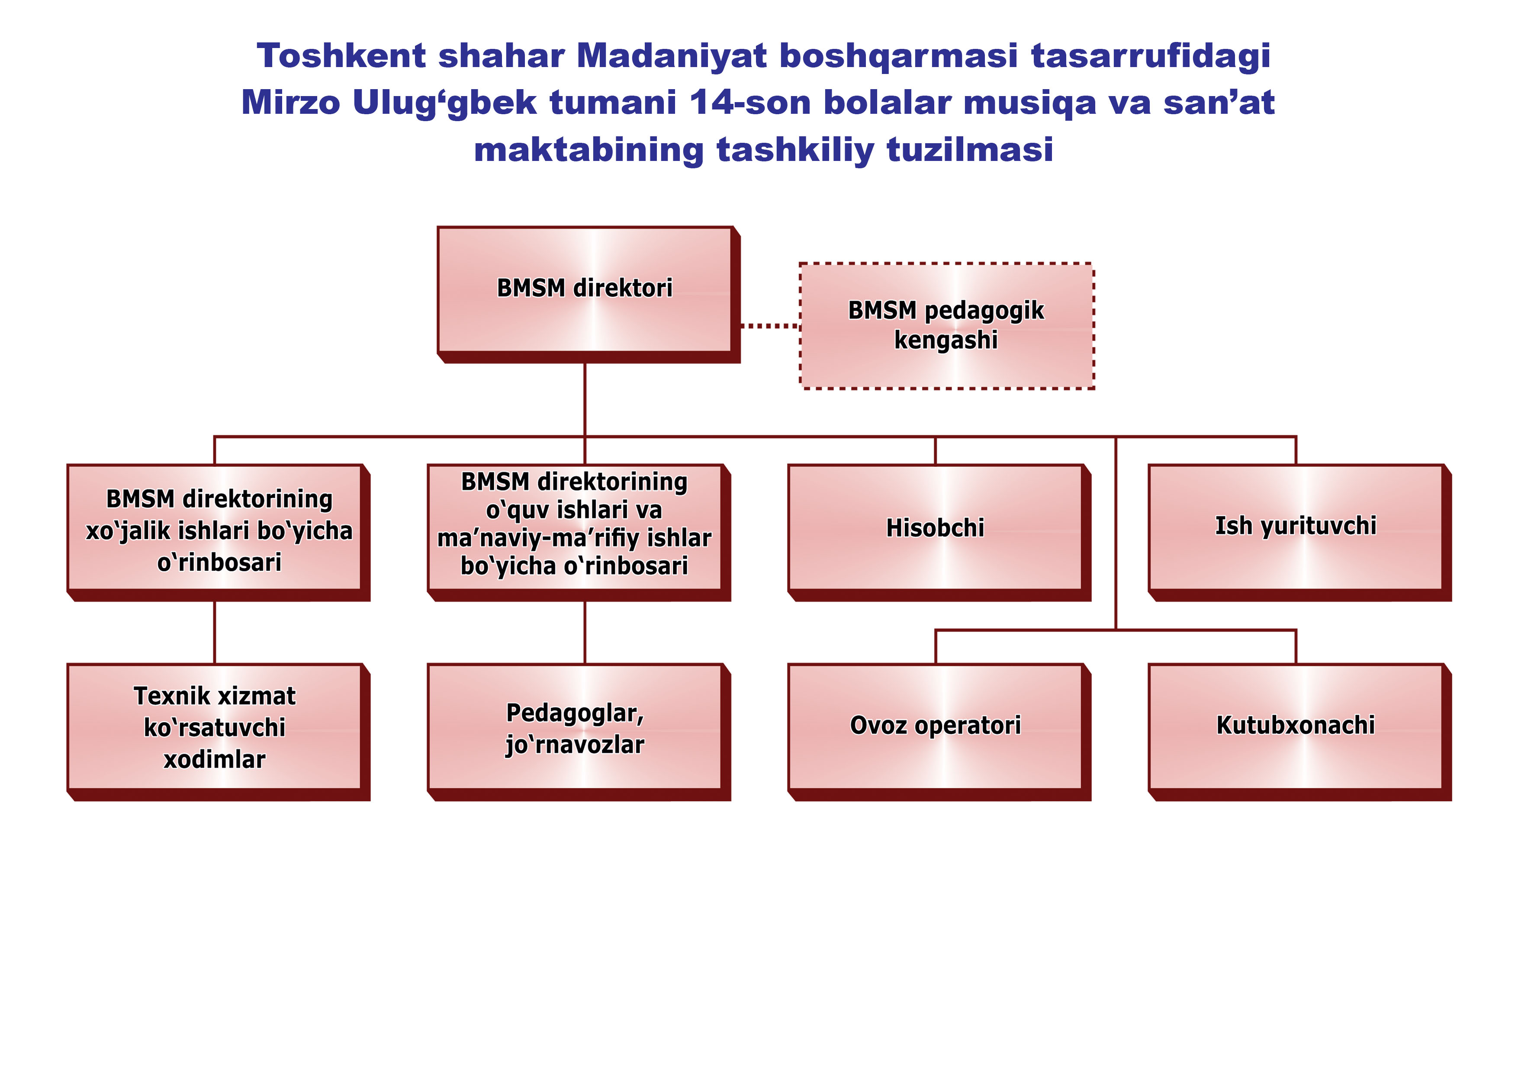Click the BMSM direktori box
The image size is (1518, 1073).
[589, 294]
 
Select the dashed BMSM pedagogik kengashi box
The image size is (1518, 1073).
[947, 326]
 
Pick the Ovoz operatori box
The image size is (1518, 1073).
[939, 732]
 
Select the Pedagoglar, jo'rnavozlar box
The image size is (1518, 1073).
[579, 732]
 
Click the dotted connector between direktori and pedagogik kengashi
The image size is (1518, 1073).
[770, 326]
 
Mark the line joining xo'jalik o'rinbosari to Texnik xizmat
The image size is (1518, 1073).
[215, 633]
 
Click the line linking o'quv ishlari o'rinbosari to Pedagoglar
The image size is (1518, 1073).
[585, 633]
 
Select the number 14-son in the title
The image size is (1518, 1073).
[750, 103]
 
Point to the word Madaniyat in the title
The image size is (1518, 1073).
[671, 56]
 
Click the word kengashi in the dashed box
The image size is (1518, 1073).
[946, 341]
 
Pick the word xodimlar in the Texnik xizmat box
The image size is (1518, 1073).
[215, 760]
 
